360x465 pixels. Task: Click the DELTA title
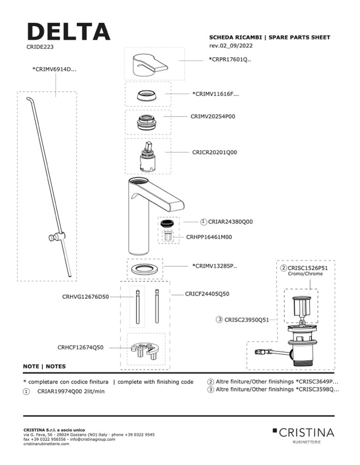[x=68, y=32]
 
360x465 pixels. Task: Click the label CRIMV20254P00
[x=213, y=117]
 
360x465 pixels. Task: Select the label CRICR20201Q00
[x=215, y=153]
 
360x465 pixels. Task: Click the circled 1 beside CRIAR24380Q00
[x=204, y=221]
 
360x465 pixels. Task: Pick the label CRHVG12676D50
[x=85, y=297]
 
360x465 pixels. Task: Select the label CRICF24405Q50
[x=207, y=294]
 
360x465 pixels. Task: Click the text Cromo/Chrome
[x=305, y=274]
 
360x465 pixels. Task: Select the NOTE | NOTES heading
[x=44, y=366]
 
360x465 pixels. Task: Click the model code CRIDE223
[x=40, y=46]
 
